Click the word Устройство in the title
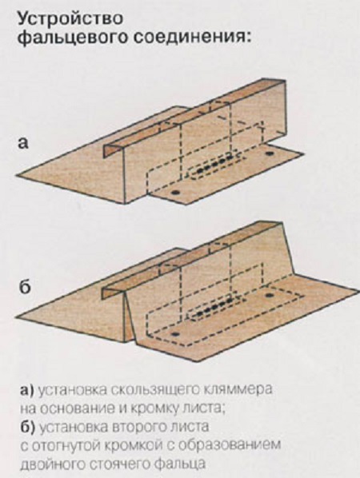(70, 19)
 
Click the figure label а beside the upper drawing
(23, 143)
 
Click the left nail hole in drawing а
(175, 193)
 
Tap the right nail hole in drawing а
(269, 153)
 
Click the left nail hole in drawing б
(175, 334)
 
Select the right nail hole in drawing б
(269, 295)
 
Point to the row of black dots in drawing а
(216, 165)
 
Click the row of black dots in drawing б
(215, 307)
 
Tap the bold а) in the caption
(27, 391)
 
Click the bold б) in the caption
(27, 427)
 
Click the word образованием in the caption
(229, 444)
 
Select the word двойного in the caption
(51, 464)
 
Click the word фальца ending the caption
(179, 464)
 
